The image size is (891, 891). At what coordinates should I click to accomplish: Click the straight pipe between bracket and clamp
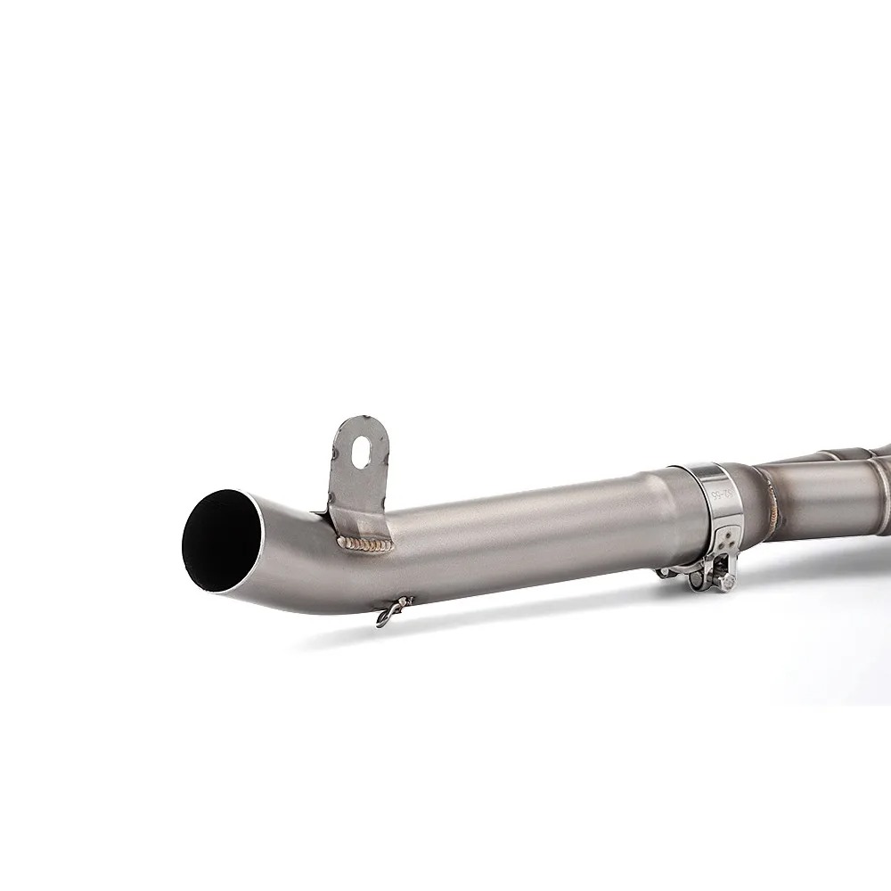pyautogui.click(x=535, y=530)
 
